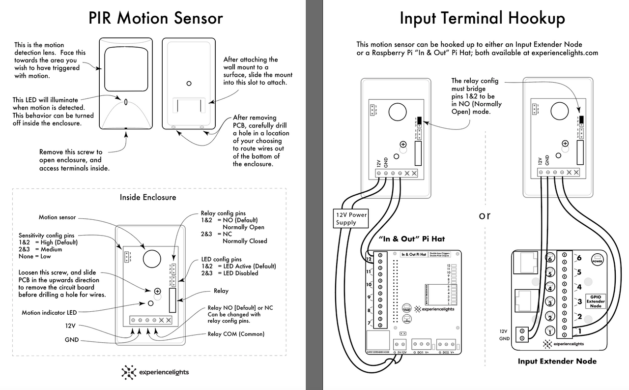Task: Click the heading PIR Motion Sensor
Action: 156,18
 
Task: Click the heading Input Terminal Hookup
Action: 482,18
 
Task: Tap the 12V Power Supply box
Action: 351,218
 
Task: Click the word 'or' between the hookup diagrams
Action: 485,215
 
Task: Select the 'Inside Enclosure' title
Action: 148,197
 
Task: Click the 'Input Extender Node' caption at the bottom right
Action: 557,361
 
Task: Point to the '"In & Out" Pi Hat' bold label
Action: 412,239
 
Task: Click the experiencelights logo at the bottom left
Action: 155,372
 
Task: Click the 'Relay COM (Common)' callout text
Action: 236,334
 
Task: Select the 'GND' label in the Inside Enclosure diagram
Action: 72,340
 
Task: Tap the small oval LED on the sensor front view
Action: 126,102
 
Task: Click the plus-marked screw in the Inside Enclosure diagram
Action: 158,291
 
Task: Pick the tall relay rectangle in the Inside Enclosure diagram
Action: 172,300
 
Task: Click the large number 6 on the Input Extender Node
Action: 579,258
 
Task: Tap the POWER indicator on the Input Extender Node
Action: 598,259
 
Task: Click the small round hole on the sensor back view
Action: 189,84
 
